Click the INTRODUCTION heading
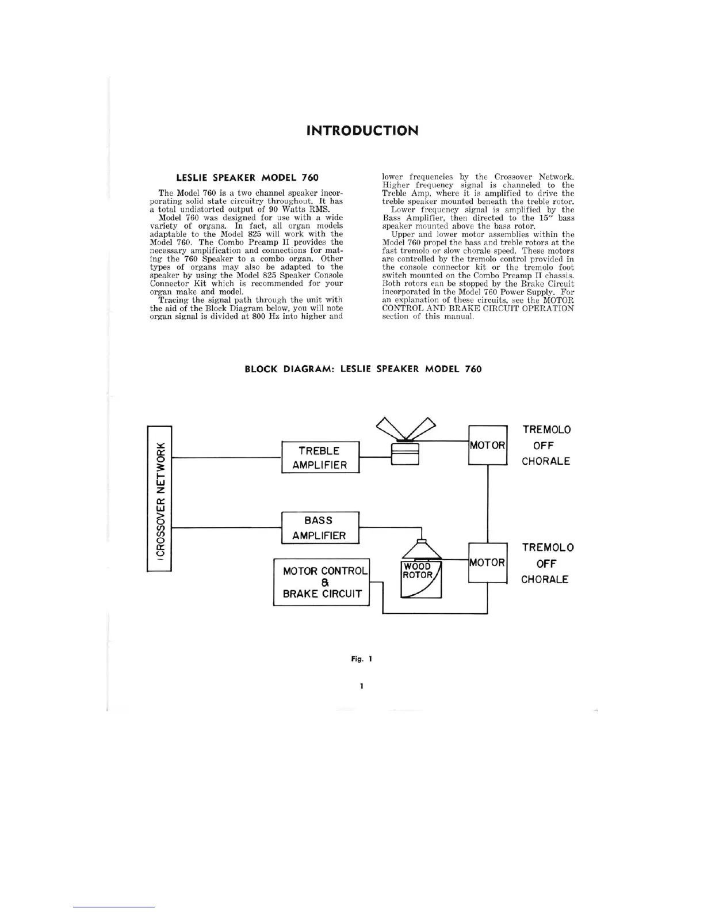click(362, 130)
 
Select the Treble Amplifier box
click(320, 458)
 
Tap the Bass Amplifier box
click(320, 528)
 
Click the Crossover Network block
click(159, 499)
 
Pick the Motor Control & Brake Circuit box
click(321, 582)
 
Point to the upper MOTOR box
click(488, 445)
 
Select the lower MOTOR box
click(488, 563)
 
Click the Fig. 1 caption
click(362, 659)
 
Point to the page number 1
click(361, 686)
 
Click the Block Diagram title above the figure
click(363, 369)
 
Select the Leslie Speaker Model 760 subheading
click(246, 177)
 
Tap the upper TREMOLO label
click(546, 430)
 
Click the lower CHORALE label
click(545, 579)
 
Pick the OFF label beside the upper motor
click(544, 446)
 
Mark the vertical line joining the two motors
click(488, 504)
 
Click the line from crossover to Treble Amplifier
click(226, 458)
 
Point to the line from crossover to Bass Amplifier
click(226, 527)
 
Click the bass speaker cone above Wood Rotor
click(422, 550)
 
